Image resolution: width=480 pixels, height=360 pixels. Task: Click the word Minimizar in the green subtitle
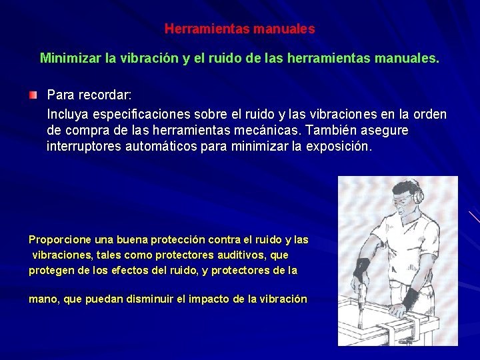[71, 58]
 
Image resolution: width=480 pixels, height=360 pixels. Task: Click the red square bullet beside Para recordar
[33, 96]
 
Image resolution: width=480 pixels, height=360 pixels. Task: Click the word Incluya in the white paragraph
[68, 114]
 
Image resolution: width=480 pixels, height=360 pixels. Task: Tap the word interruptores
[84, 146]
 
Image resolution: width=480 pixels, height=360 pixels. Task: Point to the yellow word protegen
[50, 270]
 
